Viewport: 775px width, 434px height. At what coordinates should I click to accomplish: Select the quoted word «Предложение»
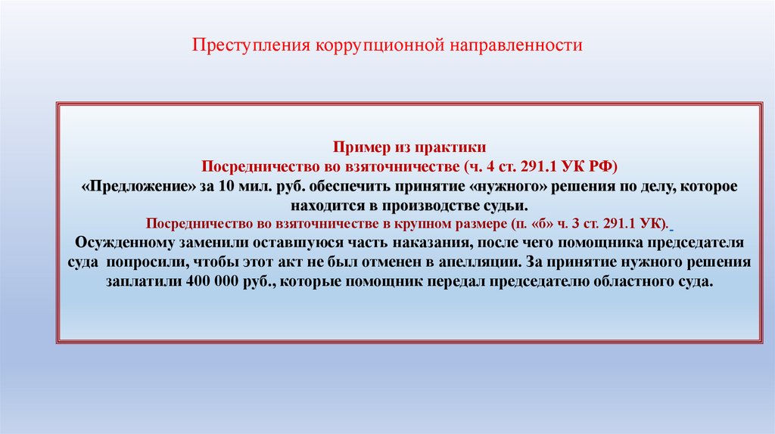126,186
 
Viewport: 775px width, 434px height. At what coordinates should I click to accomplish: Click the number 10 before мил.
226,186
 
